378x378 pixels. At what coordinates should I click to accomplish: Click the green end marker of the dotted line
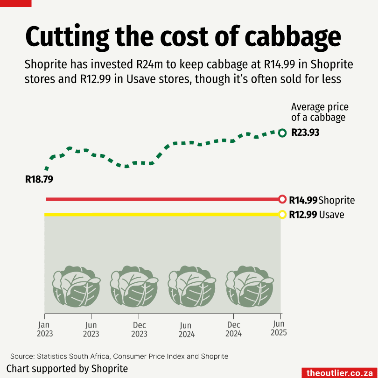282,133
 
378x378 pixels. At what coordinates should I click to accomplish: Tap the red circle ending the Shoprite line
282,199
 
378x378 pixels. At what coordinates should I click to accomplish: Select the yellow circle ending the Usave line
282,215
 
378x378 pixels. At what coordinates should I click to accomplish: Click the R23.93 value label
305,133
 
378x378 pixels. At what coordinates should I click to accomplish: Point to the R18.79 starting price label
39,179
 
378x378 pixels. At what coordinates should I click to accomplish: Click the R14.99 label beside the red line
303,200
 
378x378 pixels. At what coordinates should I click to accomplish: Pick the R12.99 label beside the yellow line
303,215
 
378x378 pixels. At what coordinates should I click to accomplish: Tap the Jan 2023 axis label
44,329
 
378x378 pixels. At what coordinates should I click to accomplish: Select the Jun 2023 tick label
91,329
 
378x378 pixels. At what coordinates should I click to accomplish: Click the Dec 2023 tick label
139,329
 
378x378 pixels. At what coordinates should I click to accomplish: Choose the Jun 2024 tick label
186,329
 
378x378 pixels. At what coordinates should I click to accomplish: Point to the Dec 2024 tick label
234,329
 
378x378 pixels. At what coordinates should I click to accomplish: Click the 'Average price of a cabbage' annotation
320,112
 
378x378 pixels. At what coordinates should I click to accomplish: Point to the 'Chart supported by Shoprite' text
67,368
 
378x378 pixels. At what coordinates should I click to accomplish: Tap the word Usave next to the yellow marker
332,215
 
